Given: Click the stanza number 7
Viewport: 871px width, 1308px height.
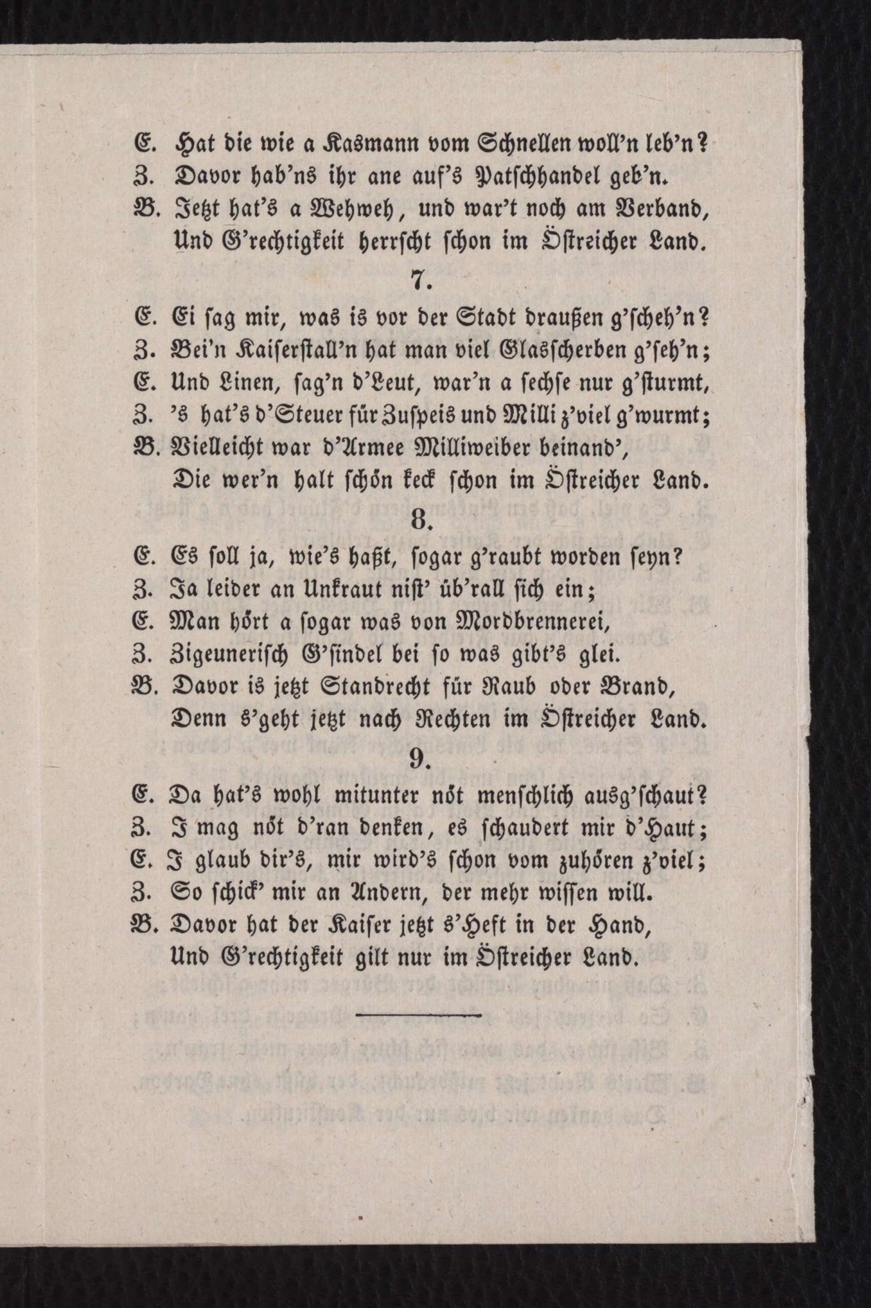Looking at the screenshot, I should (x=421, y=281).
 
